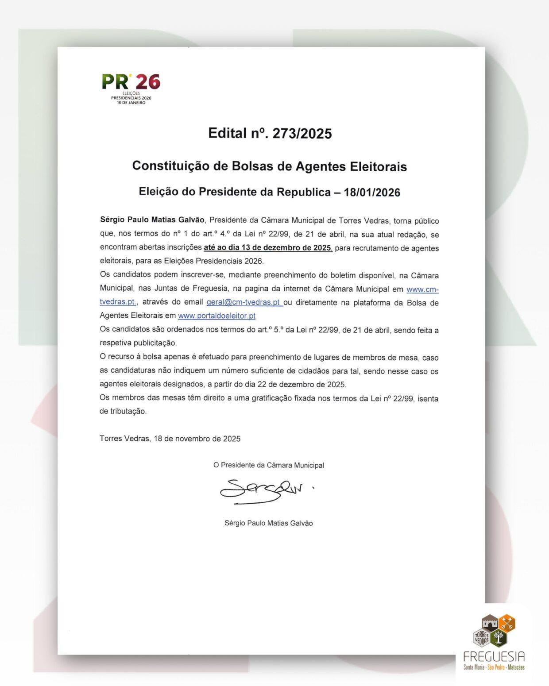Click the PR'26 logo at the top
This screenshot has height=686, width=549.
pyautogui.click(x=131, y=82)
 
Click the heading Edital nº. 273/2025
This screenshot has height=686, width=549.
pyautogui.click(x=270, y=133)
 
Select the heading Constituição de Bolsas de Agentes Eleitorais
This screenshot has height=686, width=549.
pyautogui.click(x=269, y=166)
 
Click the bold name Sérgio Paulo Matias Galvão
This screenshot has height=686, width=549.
pyautogui.click(x=152, y=220)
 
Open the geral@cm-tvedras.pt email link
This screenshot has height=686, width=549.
pyautogui.click(x=244, y=303)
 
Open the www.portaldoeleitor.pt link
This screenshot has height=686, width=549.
pyautogui.click(x=217, y=316)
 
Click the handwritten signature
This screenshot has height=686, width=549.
pyautogui.click(x=261, y=490)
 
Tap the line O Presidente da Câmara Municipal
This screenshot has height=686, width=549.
pyautogui.click(x=269, y=465)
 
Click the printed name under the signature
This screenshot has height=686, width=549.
pyautogui.click(x=269, y=523)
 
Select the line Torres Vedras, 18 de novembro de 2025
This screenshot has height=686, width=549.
pyautogui.click(x=170, y=439)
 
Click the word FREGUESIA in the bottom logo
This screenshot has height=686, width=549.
pyautogui.click(x=494, y=656)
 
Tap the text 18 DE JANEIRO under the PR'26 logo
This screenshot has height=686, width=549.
pyautogui.click(x=131, y=103)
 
